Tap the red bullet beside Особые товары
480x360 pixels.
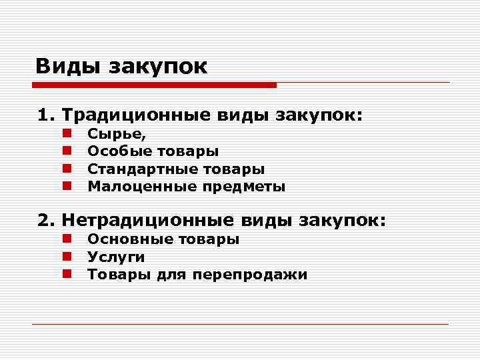pos(67,152)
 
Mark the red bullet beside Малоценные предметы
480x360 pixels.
pos(67,187)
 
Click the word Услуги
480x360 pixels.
pos(116,257)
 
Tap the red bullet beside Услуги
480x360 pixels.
pos(67,257)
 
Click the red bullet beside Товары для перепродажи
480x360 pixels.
pos(67,274)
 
